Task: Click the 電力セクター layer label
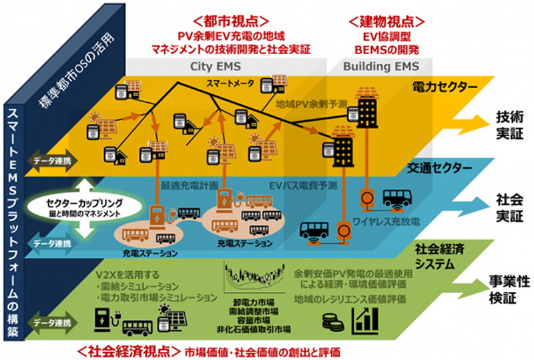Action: (437, 86)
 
